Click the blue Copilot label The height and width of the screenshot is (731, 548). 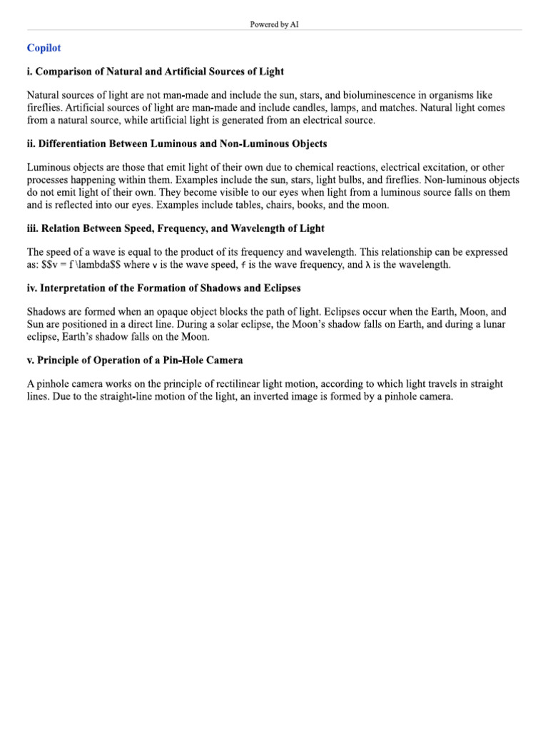click(x=44, y=48)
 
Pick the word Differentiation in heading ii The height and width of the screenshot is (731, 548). click(x=76, y=143)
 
